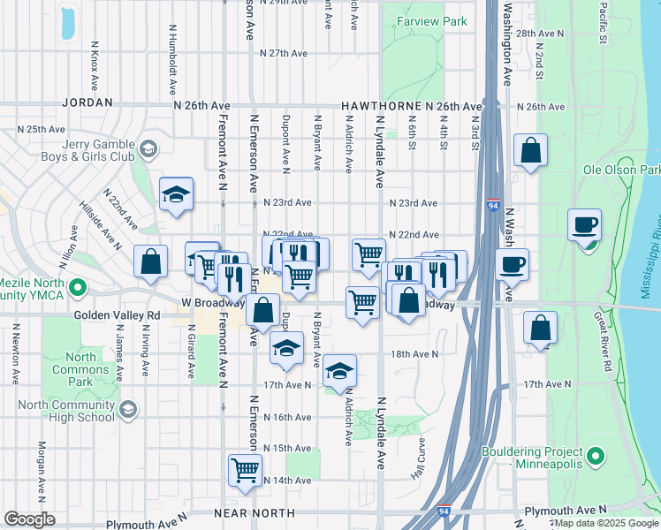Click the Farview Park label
pos(431,20)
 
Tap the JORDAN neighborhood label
pos(87,103)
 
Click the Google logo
pos(29,519)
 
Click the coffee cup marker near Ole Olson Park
pos(583,224)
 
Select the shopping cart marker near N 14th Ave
pos(245,470)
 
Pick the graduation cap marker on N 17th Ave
pos(338,372)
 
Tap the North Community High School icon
pos(128,408)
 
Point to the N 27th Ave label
pos(276,54)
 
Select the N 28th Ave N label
pos(540,33)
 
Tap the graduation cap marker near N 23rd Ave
pos(176,193)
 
